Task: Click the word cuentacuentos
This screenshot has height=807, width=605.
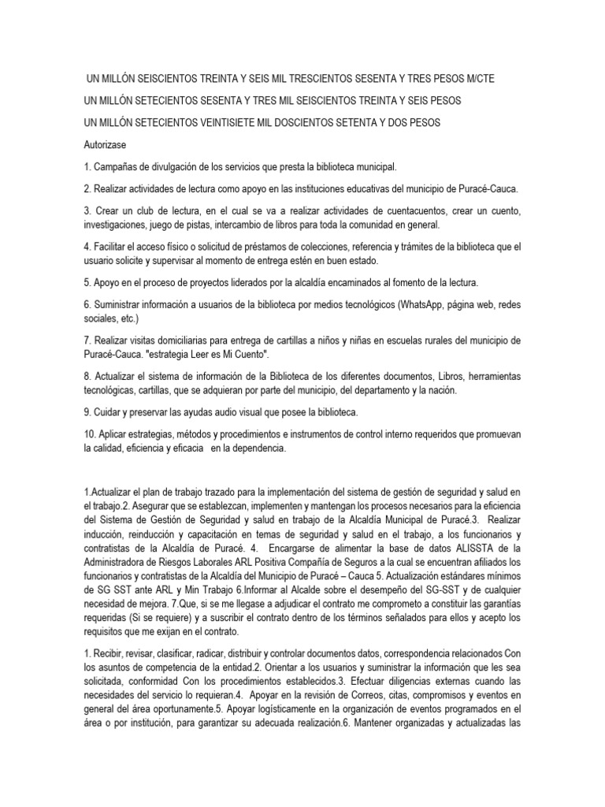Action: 395,211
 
